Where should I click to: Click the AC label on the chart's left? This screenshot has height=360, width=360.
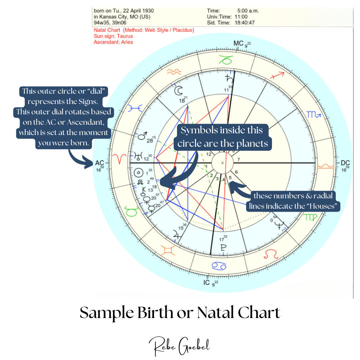point(100,163)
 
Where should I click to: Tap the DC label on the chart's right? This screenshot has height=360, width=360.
point(345,163)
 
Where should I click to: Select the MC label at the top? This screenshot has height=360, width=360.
point(238,43)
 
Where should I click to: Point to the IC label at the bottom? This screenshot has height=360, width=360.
point(207,282)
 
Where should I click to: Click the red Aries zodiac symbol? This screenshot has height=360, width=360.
point(119,159)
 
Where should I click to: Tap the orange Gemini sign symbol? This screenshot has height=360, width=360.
point(168,250)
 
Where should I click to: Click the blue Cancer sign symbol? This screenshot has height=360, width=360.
point(219,266)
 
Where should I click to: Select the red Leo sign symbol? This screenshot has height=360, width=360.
point(271,254)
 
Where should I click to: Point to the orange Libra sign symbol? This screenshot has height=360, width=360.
point(326,166)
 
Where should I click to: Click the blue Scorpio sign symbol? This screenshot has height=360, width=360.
point(314,114)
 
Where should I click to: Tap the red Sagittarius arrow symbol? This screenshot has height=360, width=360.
point(277,75)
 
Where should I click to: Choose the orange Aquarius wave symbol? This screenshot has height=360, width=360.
point(174,72)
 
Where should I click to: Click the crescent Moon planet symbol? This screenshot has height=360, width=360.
point(178,91)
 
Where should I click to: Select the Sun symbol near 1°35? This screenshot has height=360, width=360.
point(138,173)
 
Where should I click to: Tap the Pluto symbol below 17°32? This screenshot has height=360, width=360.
point(223,248)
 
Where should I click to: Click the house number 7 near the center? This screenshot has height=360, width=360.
point(239,159)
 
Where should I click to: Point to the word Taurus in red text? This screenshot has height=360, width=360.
point(125,36)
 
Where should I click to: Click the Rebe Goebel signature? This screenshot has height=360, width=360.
point(179,346)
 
